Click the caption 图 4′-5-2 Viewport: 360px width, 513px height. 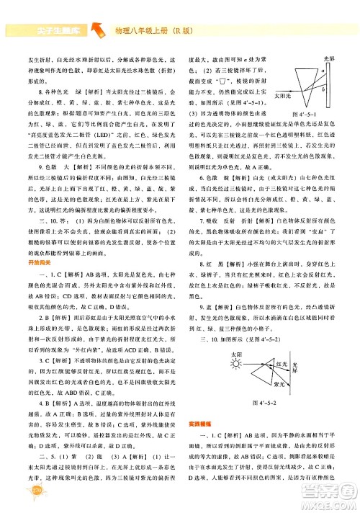[253, 401]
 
